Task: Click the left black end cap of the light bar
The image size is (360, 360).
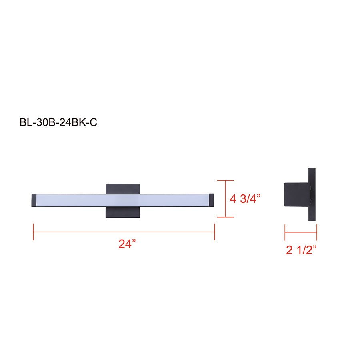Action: pos(34,200)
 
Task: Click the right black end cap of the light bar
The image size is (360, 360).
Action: pos(212,200)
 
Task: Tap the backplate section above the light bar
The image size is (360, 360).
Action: pos(123,188)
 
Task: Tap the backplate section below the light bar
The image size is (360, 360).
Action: pos(123,212)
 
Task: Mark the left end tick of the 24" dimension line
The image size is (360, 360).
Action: pos(33,232)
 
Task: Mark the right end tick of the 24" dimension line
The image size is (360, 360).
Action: pos(215,232)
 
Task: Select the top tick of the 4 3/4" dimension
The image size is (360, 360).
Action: pos(226,181)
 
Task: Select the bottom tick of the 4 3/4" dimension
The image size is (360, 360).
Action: pos(226,217)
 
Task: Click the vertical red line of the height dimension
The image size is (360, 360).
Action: pos(226,199)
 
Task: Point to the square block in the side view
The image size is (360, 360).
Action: pos(296,195)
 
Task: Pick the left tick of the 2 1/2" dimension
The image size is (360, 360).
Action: pos(285,232)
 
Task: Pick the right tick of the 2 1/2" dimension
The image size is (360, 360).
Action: pos(317,232)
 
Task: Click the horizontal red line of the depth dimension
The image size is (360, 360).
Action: pos(301,232)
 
